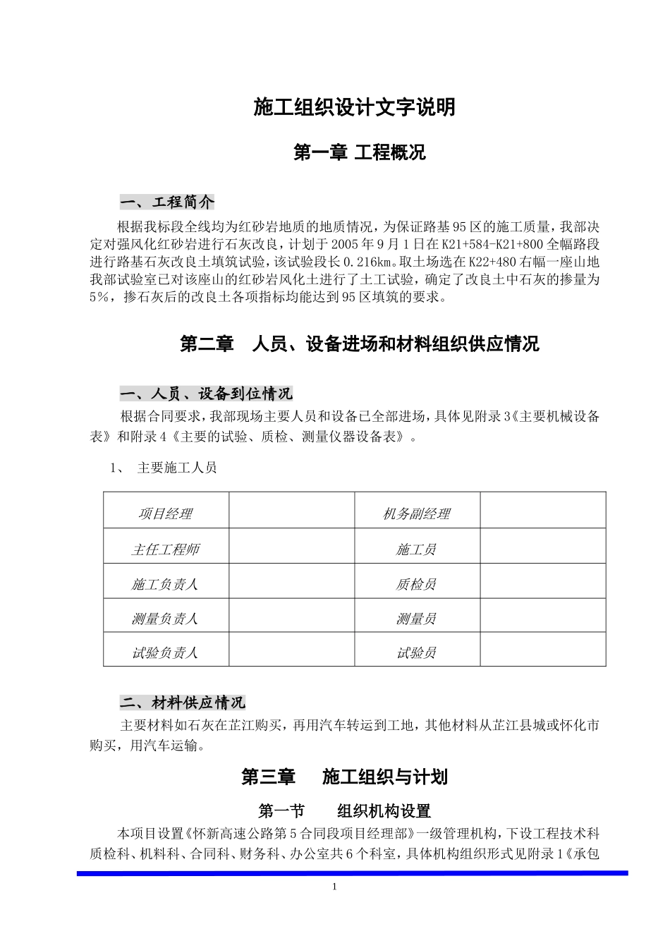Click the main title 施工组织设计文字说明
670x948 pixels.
(354, 107)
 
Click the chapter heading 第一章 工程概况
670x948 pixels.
(359, 152)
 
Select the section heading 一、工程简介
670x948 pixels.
(167, 202)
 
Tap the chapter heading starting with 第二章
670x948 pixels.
(359, 344)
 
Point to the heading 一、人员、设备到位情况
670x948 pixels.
(206, 393)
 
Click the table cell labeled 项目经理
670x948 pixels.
(166, 514)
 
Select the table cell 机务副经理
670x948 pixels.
(416, 514)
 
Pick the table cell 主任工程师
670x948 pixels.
(166, 549)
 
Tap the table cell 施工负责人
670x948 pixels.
(166, 584)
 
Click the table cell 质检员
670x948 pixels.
(416, 584)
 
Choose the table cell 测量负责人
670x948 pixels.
(166, 619)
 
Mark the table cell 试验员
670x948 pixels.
(416, 653)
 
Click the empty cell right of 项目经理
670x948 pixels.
(291, 510)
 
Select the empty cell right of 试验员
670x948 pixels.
(542, 650)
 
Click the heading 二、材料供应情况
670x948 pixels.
(183, 703)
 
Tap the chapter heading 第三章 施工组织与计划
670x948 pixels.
(344, 777)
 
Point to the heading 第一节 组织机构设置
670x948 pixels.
(344, 811)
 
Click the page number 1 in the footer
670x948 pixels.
(334, 887)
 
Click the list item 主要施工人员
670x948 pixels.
(176, 468)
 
